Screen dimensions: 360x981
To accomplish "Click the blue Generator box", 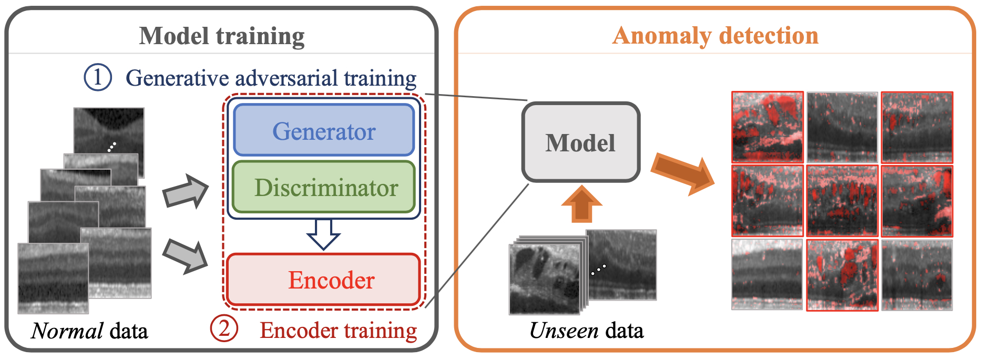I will [x=324, y=130].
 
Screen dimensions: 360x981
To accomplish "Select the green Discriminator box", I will [x=324, y=188].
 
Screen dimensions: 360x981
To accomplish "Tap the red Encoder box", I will [x=324, y=280].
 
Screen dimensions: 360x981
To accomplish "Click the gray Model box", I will [x=580, y=142].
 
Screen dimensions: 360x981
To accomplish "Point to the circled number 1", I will [x=98, y=77].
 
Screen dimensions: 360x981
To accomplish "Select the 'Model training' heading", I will [x=222, y=36].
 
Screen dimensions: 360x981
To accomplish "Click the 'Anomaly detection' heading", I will [x=716, y=36].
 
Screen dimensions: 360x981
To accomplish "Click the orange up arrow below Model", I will [x=581, y=203].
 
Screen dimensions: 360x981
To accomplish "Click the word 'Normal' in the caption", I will [x=67, y=331].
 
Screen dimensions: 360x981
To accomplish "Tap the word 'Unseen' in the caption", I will [x=564, y=331].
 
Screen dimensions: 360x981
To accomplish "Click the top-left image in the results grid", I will [x=768, y=127].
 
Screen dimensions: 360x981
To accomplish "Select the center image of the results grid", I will [x=842, y=201].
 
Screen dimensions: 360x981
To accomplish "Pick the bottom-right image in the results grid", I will [x=917, y=275].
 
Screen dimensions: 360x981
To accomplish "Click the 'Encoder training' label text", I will [x=338, y=331].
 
